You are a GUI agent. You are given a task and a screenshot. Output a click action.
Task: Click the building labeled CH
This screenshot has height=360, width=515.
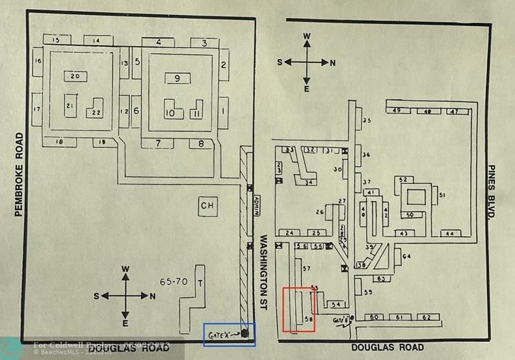207,206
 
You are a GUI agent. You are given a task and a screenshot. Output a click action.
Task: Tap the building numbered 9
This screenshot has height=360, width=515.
177,79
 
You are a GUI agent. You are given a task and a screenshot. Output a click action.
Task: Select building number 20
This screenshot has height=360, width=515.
75,76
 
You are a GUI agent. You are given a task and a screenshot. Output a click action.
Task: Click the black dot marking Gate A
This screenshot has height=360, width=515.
245,333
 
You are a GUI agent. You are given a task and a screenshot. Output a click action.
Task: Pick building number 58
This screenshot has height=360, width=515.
308,318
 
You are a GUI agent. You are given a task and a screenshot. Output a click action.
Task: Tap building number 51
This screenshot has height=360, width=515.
442,194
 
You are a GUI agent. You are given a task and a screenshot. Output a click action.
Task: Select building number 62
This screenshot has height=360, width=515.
426,317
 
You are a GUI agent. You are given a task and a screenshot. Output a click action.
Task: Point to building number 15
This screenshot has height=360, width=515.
57,40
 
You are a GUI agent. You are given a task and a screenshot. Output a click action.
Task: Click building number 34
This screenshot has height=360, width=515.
308,182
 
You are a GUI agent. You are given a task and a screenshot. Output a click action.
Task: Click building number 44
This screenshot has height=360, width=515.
449,233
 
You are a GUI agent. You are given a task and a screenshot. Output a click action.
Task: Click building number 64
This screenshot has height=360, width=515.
406,257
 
